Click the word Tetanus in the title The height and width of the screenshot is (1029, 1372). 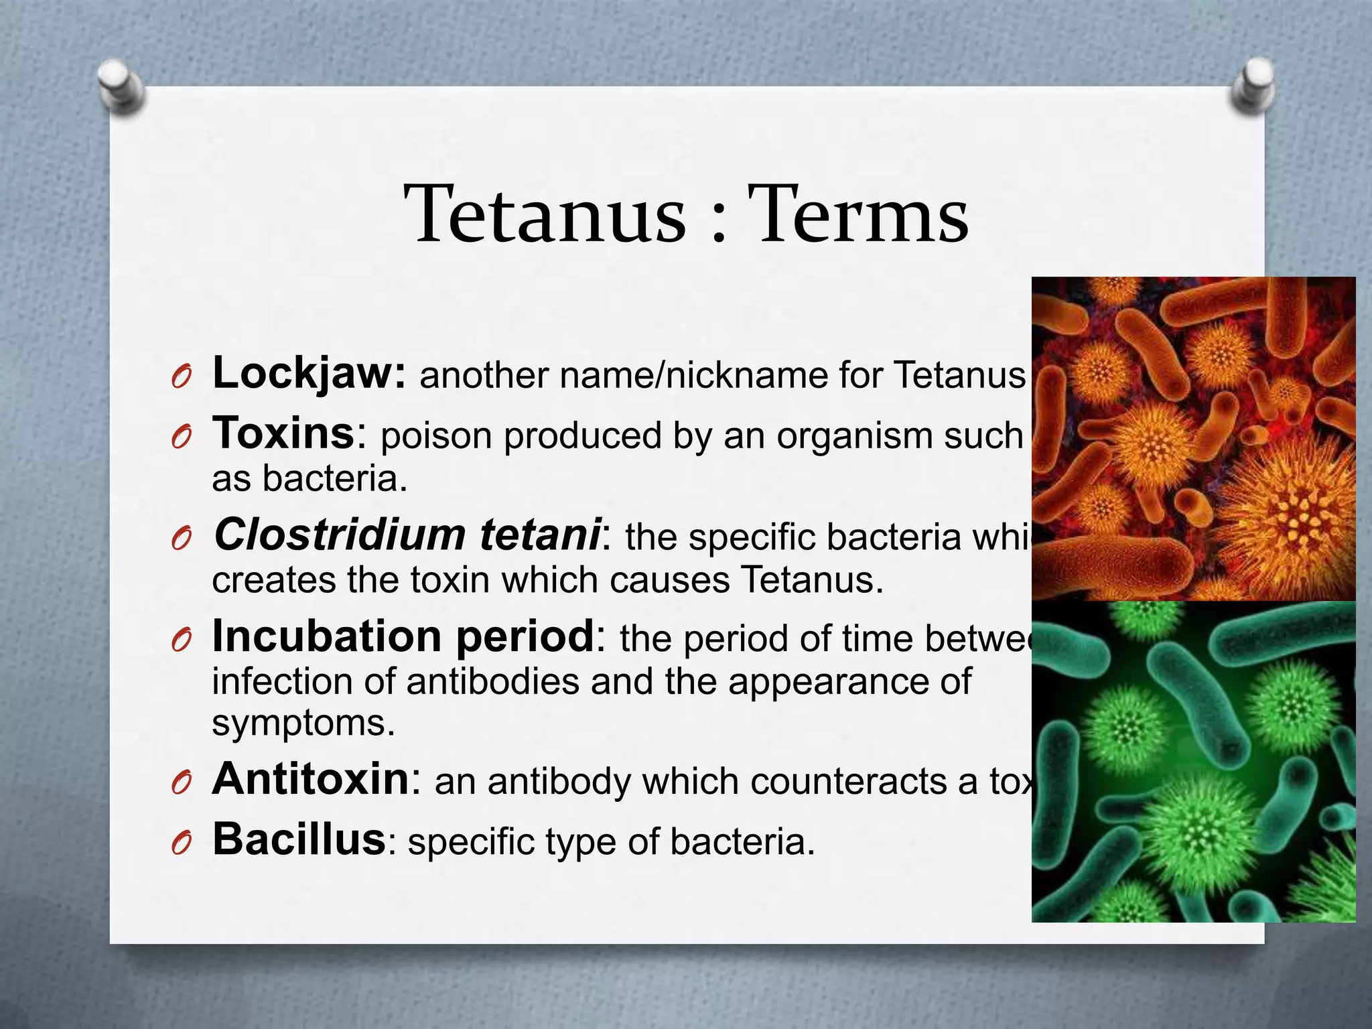(545, 214)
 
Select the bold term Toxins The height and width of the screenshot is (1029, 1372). (283, 433)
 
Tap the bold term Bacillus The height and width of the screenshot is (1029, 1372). (298, 839)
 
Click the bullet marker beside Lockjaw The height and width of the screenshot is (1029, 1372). (181, 378)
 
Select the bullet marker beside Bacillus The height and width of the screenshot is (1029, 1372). (181, 844)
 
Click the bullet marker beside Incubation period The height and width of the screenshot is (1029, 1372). (181, 641)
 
